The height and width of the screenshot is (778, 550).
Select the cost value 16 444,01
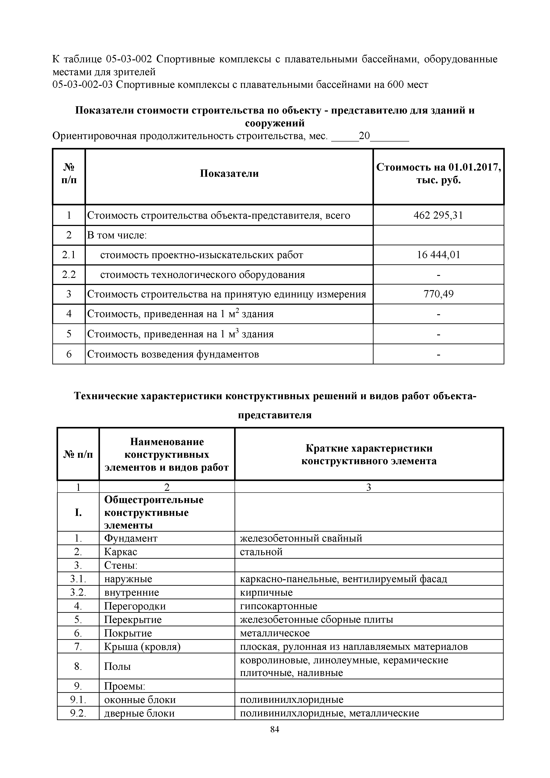point(438,255)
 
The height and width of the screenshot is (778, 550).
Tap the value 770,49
point(438,294)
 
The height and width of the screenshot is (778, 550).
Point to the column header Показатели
point(229,173)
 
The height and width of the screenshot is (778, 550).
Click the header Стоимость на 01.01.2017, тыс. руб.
point(438,173)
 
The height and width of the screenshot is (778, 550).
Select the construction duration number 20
point(365,136)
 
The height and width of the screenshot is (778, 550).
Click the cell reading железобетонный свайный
point(301,538)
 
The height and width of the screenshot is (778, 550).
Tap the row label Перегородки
point(135,606)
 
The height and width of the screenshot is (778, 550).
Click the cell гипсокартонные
point(278,606)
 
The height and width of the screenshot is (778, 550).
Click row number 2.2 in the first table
point(69,275)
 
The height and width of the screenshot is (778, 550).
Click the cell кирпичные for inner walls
point(266,592)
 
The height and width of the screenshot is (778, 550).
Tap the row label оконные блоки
point(140,700)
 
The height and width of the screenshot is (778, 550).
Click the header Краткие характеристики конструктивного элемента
point(369,454)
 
